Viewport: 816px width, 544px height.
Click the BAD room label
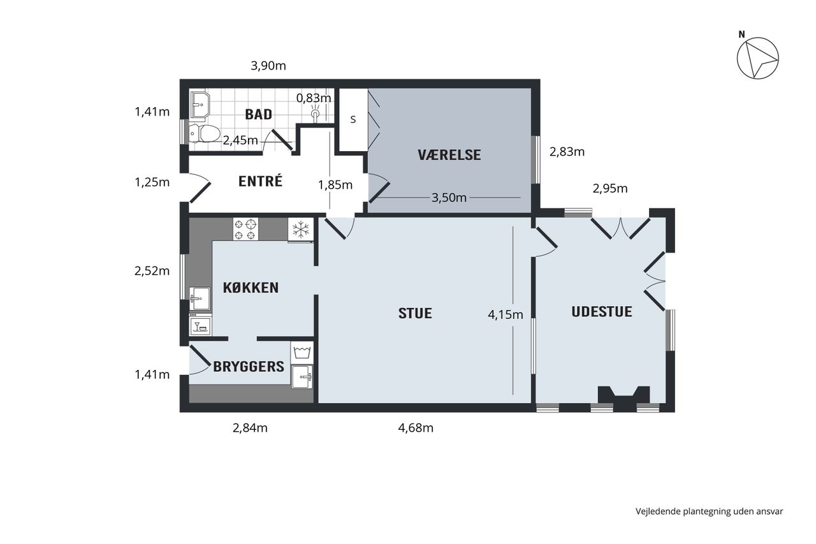click(259, 114)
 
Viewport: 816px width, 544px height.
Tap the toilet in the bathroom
click(205, 133)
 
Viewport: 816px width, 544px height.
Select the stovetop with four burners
click(245, 229)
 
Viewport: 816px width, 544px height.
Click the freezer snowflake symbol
click(301, 230)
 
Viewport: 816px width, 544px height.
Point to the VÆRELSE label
click(449, 155)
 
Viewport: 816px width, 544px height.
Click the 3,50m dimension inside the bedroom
click(449, 198)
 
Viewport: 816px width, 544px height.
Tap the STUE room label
click(415, 313)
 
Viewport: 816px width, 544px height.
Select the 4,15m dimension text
click(506, 314)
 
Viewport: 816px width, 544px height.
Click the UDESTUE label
click(601, 312)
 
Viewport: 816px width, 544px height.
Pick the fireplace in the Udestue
click(623, 398)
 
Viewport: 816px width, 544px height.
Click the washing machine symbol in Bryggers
click(302, 352)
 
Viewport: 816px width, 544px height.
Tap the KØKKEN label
click(251, 288)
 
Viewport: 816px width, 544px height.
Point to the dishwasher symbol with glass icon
click(200, 325)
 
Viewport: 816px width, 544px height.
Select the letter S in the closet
click(353, 119)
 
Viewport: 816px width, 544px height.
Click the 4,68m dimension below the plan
click(416, 428)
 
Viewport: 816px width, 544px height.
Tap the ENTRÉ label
click(260, 181)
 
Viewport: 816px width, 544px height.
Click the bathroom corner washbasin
click(200, 105)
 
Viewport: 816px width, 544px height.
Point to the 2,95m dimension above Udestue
click(610, 188)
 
